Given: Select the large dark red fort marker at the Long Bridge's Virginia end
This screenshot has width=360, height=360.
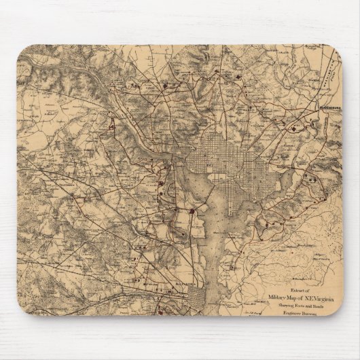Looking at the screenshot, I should [193, 211].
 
